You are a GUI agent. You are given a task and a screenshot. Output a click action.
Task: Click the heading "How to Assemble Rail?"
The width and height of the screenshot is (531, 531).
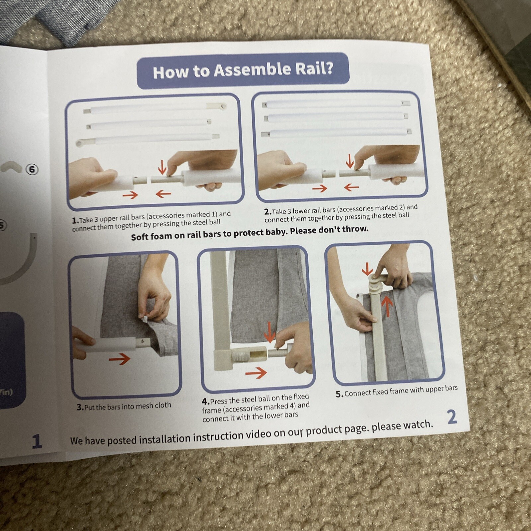coord(243,70)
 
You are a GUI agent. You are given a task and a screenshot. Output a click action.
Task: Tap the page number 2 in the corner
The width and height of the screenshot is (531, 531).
coord(452,417)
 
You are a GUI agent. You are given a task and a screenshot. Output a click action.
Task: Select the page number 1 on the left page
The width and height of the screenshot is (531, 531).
coord(37,441)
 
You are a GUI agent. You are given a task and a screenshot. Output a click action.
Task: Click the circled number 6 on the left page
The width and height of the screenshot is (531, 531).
coord(32,170)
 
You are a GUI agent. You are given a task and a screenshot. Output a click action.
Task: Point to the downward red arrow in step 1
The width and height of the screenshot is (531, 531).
coord(162,167)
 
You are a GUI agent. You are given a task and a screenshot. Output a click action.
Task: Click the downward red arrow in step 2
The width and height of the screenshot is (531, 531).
coord(350,161)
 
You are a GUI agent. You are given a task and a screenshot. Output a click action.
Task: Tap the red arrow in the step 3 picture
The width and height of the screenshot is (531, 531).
coord(119,359)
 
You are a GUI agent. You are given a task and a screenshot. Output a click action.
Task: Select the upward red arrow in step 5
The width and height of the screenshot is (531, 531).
coord(387,305)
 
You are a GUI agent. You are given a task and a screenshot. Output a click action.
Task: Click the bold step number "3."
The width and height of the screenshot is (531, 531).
coord(80,407)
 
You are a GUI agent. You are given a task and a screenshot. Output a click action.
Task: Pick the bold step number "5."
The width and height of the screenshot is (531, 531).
coord(339,394)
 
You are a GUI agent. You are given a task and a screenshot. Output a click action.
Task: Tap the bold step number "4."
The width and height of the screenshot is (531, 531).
coord(205,402)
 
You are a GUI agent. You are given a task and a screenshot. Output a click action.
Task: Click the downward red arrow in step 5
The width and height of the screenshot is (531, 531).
coord(367,269)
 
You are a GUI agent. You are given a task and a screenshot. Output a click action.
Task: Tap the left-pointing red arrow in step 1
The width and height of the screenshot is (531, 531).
coord(163,193)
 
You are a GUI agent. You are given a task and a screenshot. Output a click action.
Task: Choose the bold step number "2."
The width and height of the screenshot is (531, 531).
coord(268,212)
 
